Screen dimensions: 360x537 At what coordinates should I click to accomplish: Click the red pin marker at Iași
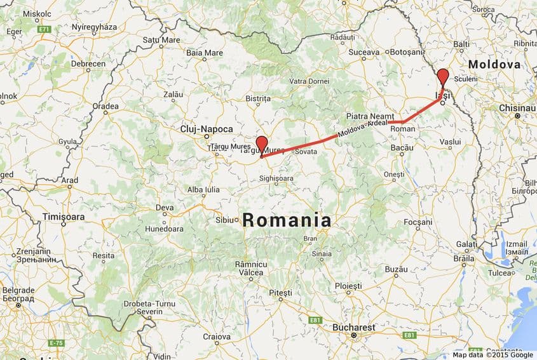point(443,78)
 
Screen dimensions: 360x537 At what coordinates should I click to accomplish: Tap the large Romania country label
point(287,220)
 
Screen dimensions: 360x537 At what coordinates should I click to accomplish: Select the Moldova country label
point(494,65)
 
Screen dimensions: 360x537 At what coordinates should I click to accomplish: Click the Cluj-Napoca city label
point(207,128)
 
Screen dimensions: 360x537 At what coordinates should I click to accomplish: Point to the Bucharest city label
point(353,327)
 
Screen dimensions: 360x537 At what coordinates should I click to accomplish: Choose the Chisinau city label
point(517,108)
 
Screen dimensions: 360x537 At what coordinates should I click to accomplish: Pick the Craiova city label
point(217,336)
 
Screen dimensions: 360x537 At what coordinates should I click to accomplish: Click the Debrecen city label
point(88,64)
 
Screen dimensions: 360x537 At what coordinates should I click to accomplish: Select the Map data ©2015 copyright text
point(477,356)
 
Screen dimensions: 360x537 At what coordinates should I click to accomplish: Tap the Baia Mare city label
point(203,52)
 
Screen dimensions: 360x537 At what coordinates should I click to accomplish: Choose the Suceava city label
point(364,51)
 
